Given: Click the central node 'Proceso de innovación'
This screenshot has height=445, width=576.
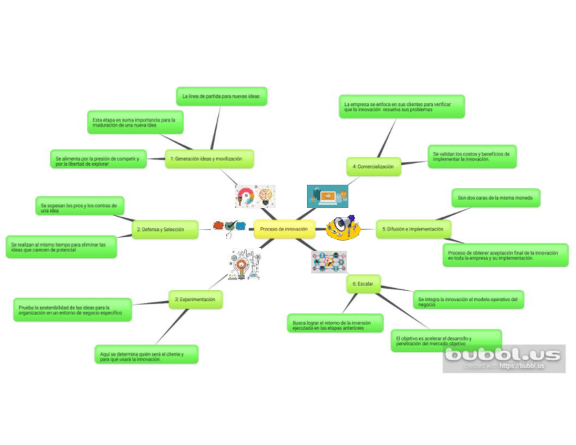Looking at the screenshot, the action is click(284, 229).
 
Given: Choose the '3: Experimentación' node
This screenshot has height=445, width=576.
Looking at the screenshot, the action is click(196, 299).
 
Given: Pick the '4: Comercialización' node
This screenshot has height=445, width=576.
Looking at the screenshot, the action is click(373, 166).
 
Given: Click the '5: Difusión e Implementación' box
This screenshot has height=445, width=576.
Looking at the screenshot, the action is click(413, 230).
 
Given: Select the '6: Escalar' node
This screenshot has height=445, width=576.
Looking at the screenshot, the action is click(363, 283).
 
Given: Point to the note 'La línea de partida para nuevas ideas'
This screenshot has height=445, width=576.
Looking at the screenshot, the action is click(221, 96).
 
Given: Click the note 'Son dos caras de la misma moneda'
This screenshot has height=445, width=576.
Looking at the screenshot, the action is click(496, 198).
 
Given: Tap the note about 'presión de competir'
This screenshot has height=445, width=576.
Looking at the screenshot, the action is click(98, 160).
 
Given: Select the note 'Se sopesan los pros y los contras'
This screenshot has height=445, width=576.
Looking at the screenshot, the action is click(79, 207).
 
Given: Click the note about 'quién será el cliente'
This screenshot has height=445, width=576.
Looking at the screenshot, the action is click(147, 355).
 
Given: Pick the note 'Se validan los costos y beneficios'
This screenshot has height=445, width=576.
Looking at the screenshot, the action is click(471, 156).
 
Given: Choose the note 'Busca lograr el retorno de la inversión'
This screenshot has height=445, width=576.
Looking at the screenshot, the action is click(335, 323).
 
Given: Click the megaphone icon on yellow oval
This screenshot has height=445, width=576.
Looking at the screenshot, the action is click(343, 228).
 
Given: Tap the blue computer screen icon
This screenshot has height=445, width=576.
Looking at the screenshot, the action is click(327, 196).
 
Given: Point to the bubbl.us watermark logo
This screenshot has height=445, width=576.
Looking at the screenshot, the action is click(503, 357).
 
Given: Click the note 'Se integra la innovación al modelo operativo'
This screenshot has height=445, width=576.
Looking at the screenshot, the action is click(468, 300).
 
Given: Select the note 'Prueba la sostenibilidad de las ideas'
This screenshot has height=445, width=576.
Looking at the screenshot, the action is click(72, 310).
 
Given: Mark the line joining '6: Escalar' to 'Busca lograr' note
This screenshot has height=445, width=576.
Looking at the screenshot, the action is click(350, 303).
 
